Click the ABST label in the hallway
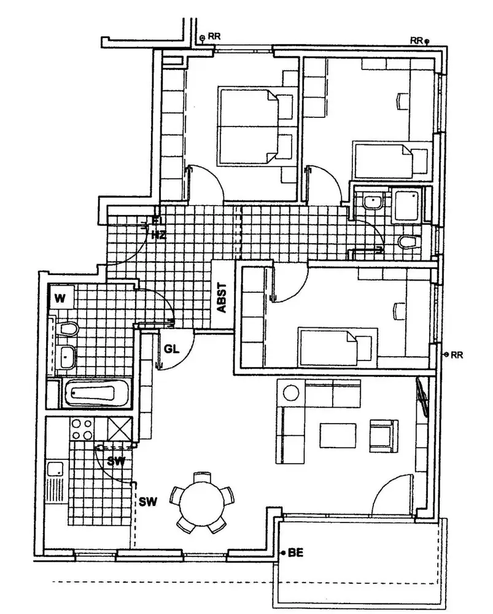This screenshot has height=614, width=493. pos(222,298)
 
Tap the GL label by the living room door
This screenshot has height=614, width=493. pos(171,349)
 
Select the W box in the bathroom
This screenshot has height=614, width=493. pos(61,297)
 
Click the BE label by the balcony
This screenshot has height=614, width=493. pos(296,553)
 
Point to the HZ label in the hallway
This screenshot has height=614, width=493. pos(158,235)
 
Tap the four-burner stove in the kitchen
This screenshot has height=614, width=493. pos(82,430)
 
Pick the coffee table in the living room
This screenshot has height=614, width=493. pos(338,435)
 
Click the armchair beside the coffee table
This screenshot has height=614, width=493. pos(384,435)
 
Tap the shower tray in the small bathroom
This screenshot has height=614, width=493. pos(407,205)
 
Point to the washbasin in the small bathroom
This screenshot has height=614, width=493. pos(372,201)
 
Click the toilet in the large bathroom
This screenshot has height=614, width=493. pos(66,329)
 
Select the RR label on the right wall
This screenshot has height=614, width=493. pos(457,355)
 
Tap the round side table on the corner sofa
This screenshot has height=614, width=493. pos(290,393)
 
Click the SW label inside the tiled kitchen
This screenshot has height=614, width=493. pos(116,462)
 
